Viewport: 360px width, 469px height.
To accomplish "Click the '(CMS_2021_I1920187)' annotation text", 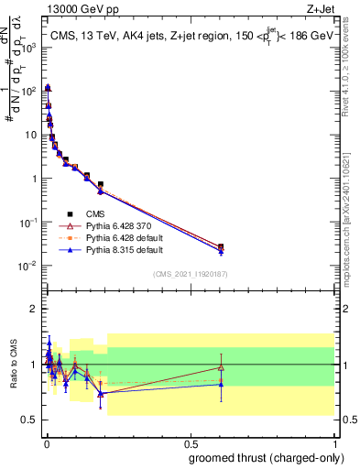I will [190, 273].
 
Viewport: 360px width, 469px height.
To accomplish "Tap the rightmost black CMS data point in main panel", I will [221, 246].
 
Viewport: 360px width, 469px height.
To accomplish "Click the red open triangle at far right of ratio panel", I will [221, 367].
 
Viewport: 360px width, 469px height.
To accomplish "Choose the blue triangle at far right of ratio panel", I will [221, 384].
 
